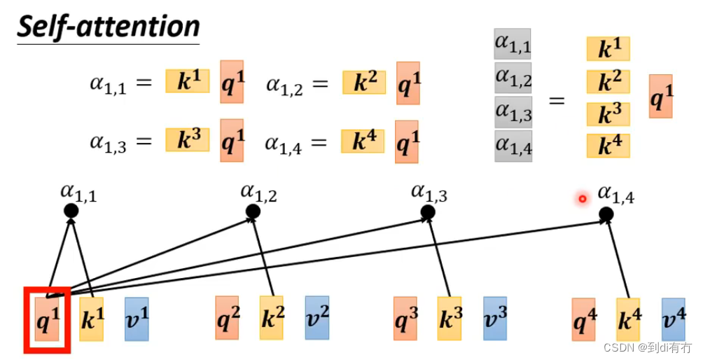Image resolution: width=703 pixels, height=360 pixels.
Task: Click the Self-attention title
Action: coord(109,27)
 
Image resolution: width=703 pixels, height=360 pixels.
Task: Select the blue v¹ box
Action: coord(137,319)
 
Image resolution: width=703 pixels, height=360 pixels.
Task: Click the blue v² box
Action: coord(316,319)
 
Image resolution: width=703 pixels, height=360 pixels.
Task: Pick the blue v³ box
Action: coord(494,319)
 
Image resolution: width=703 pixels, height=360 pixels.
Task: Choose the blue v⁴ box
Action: coord(673,319)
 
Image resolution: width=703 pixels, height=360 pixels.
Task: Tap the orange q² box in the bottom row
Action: coord(227,319)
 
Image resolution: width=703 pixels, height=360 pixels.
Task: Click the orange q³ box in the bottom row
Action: coord(405,319)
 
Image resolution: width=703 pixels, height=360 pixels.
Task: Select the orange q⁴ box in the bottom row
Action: coord(584,319)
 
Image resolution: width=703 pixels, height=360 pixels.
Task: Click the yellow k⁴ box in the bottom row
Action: coord(629,319)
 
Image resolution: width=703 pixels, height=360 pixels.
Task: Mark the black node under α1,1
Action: coord(71,211)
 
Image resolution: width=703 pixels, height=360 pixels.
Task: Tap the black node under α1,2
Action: coord(253,211)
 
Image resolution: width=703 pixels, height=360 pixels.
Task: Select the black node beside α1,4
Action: coord(606,214)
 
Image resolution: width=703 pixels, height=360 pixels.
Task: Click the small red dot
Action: coord(582,200)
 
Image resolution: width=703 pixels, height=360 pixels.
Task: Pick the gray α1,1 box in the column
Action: coord(513,45)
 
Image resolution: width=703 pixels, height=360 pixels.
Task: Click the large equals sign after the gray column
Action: coord(556,99)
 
